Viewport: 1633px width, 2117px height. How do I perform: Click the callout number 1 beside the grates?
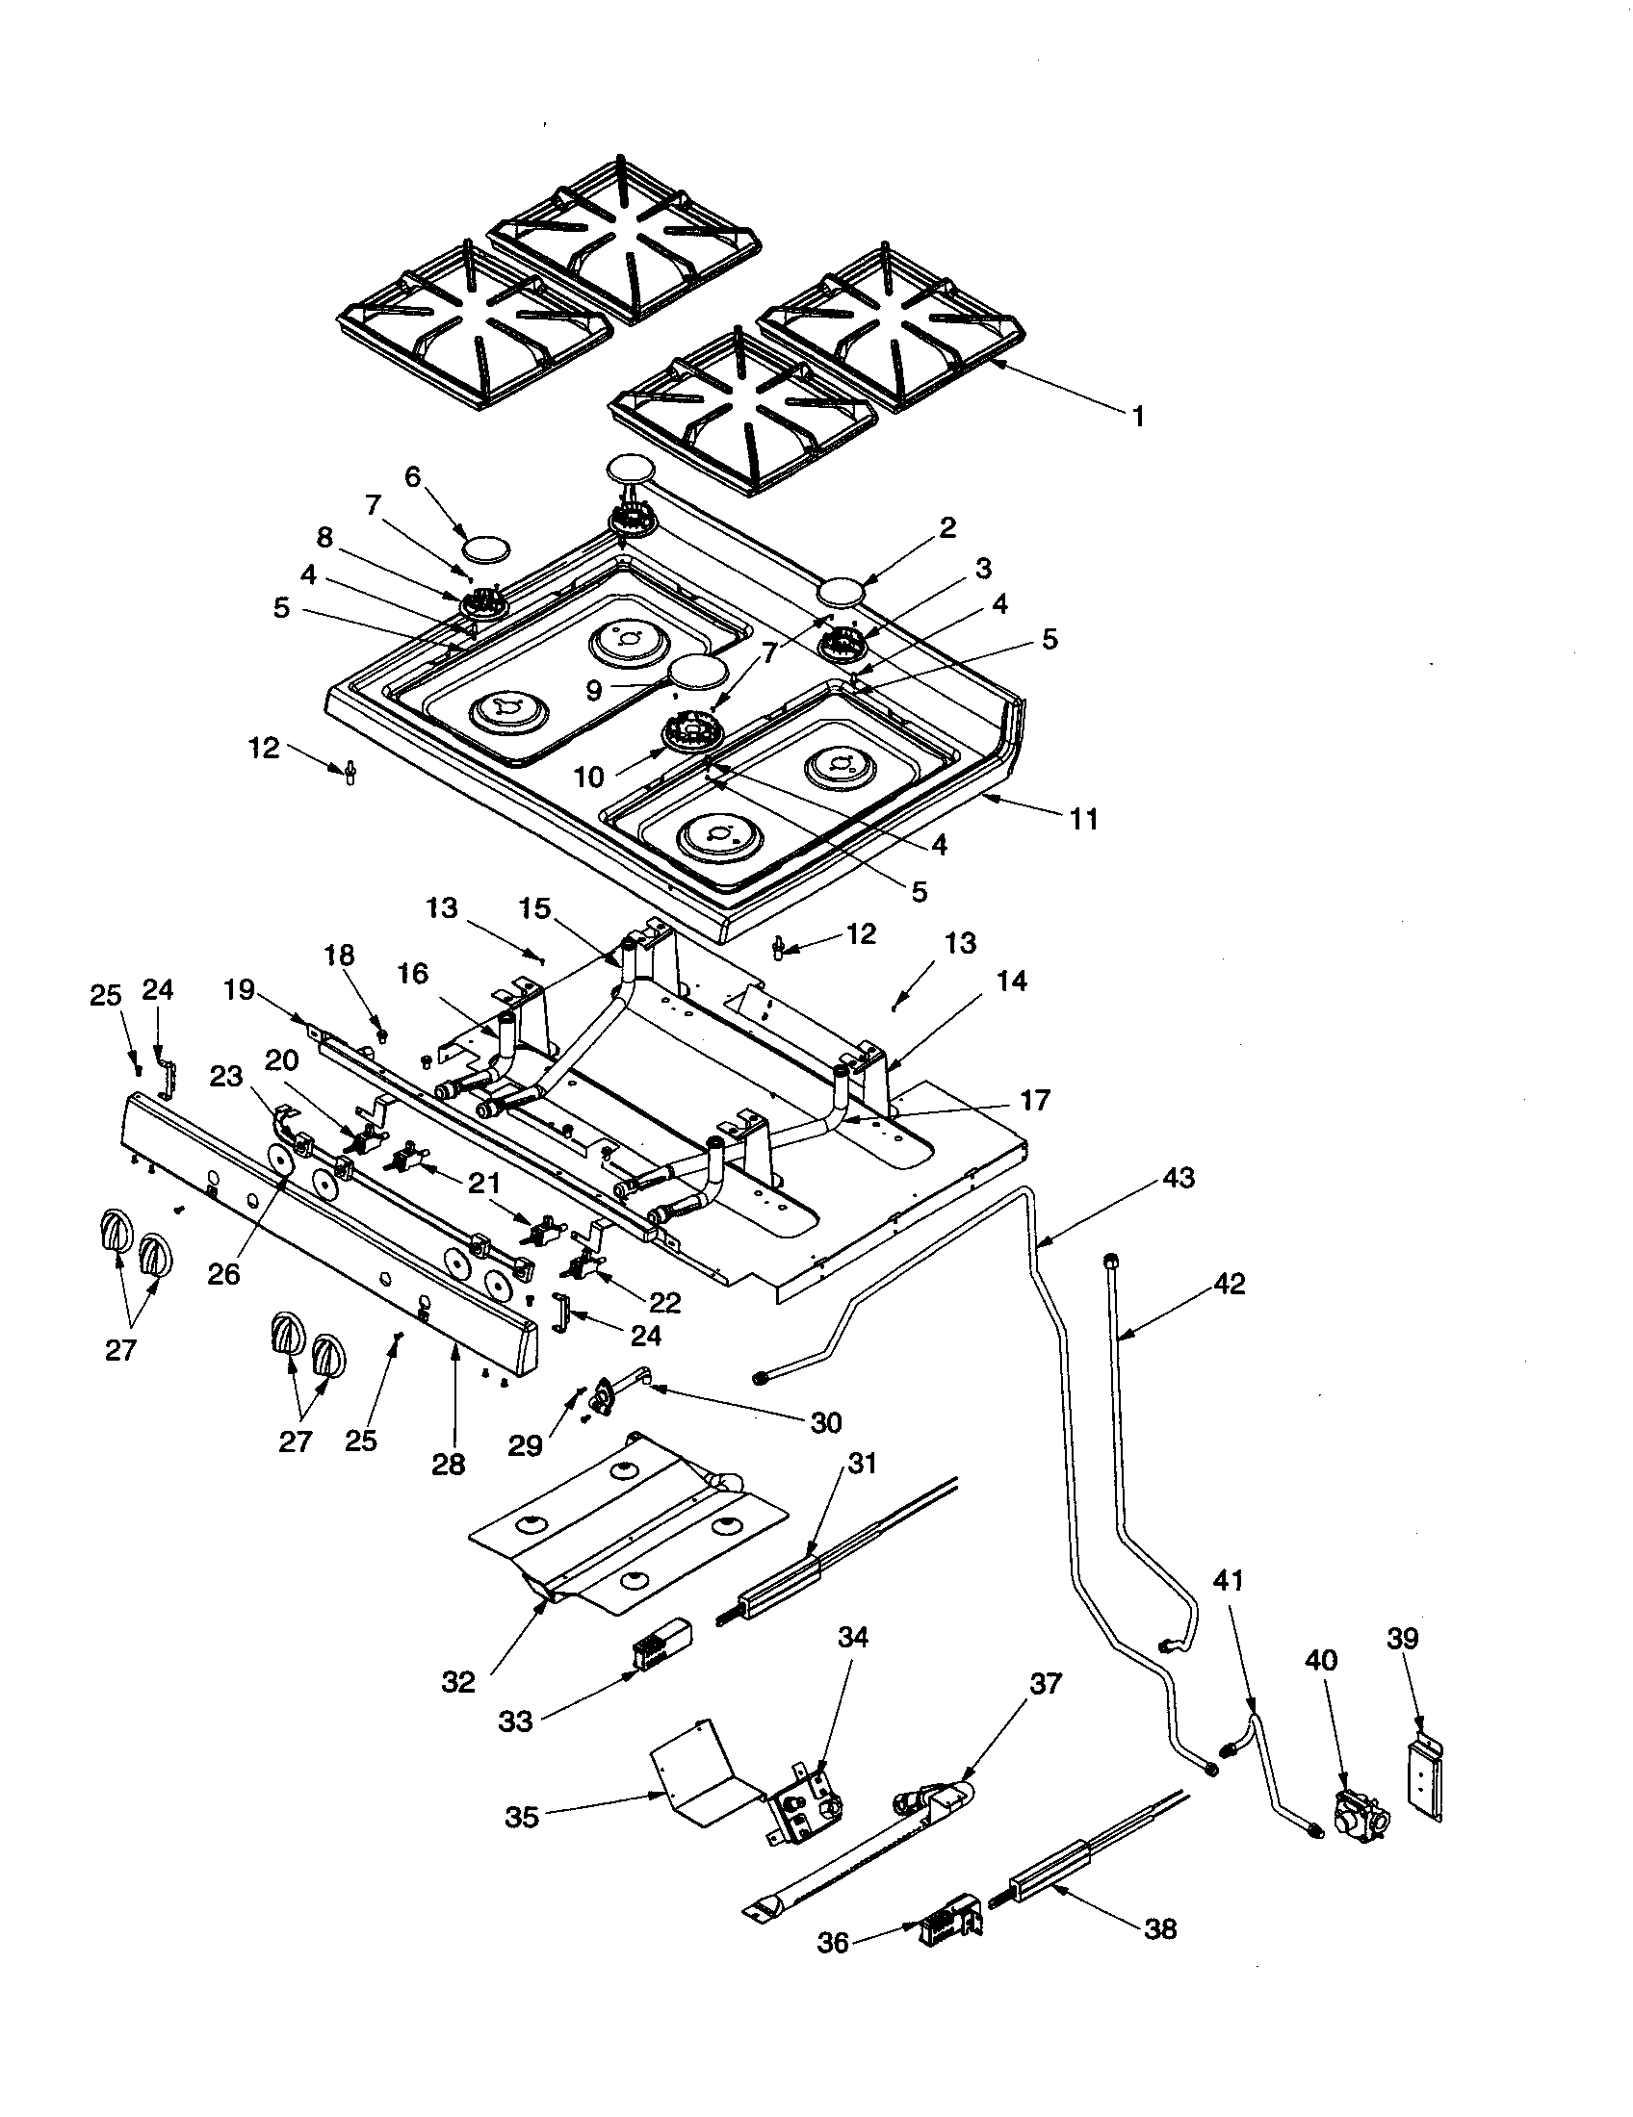point(1138,417)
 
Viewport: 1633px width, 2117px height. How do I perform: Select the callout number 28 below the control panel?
point(449,1464)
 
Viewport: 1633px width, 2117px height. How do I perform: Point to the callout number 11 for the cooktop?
point(1084,819)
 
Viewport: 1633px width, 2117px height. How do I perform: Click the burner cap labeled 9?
point(698,671)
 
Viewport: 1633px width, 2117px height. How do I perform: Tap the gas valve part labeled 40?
point(1358,1810)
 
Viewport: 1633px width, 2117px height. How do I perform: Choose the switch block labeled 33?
point(660,1646)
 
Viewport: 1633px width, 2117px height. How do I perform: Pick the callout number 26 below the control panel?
point(223,1274)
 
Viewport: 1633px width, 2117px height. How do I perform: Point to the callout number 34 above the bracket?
point(853,1638)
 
